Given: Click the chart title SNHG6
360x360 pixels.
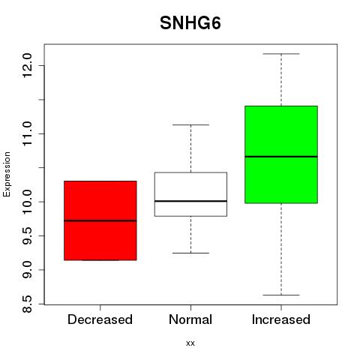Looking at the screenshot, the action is pyautogui.click(x=190, y=23).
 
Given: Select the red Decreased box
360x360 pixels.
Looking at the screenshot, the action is pyautogui.click(x=100, y=220).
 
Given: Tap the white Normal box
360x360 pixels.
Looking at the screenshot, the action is pyautogui.click(x=190, y=194).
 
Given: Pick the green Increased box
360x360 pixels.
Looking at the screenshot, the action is pyautogui.click(x=281, y=154).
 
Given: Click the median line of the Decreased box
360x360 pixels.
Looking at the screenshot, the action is pyautogui.click(x=100, y=220).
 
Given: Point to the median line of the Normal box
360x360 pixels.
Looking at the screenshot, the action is pyautogui.click(x=190, y=201).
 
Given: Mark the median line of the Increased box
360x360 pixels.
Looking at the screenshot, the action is pyautogui.click(x=281, y=157).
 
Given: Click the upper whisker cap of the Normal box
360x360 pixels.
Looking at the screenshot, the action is pyautogui.click(x=190, y=124).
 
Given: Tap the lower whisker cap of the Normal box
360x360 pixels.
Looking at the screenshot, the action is pyautogui.click(x=190, y=253).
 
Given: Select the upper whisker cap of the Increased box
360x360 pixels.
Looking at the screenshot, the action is pyautogui.click(x=281, y=54).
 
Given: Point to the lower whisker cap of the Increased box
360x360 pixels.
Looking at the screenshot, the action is pyautogui.click(x=281, y=295).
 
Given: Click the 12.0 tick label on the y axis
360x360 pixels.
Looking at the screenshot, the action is pyautogui.click(x=27, y=65).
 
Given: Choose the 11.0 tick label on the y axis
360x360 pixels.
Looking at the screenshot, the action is pyautogui.click(x=27, y=133).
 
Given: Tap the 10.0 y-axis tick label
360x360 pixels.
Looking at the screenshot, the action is pyautogui.click(x=27, y=202).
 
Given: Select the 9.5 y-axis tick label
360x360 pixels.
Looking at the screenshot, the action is pyautogui.click(x=27, y=235).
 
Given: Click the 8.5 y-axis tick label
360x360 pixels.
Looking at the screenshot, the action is pyautogui.click(x=27, y=304).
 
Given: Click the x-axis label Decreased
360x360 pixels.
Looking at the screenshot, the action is pyautogui.click(x=100, y=319).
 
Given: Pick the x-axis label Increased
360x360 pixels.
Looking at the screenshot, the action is pyautogui.click(x=281, y=319).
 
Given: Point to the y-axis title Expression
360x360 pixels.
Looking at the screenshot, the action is pyautogui.click(x=7, y=174).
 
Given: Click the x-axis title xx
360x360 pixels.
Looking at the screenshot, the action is pyautogui.click(x=190, y=343).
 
